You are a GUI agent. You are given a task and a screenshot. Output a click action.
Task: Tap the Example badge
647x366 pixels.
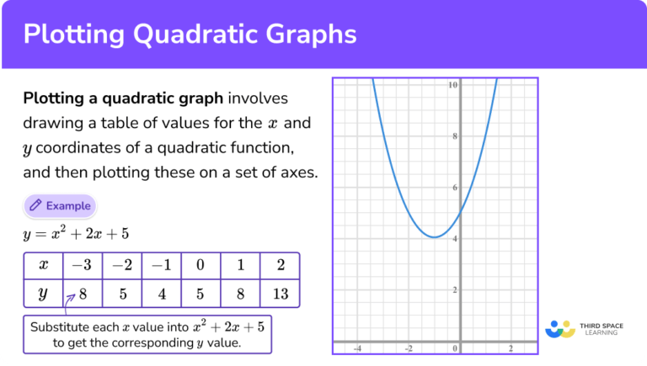point(59,205)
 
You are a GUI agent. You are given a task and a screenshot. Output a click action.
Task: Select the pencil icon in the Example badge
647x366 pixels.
point(35,205)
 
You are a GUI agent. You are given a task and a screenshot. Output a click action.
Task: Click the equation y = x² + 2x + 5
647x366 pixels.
point(76,233)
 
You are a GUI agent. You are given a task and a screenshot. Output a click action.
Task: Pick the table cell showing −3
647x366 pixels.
point(83,266)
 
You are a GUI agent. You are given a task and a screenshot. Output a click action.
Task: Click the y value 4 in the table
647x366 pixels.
point(161,295)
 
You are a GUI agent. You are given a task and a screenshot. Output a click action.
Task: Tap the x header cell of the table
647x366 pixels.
point(44,266)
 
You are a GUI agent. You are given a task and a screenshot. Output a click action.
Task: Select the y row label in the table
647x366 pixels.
point(44,295)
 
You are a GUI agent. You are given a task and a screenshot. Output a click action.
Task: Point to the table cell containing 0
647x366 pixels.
point(201,266)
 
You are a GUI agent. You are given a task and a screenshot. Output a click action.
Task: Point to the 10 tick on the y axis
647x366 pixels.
point(453,85)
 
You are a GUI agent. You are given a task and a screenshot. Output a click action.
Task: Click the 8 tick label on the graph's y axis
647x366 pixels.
point(455,136)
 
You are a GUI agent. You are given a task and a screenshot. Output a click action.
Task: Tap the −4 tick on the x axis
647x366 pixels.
point(357,348)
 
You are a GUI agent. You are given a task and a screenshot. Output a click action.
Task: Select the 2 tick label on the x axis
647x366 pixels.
point(511,348)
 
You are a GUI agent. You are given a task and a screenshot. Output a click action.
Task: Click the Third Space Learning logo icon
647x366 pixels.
point(559,329)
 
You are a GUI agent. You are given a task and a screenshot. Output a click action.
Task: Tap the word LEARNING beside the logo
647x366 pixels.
point(601,333)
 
